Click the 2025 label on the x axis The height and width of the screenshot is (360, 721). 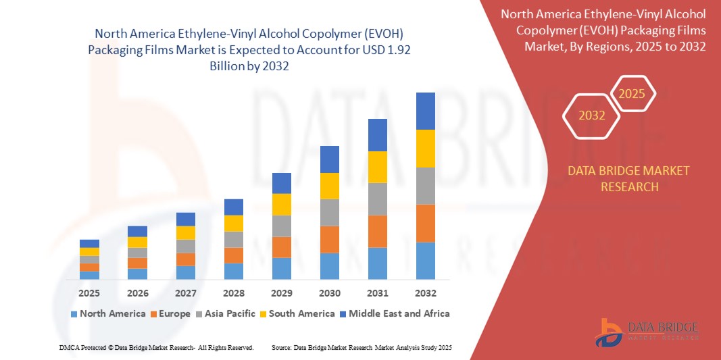89,293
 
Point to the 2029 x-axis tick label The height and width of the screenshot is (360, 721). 282,293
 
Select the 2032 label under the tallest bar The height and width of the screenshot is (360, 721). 426,293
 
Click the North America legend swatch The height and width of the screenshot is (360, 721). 74,314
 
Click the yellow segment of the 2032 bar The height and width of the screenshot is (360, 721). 426,149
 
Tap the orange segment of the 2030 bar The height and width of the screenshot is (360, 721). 330,239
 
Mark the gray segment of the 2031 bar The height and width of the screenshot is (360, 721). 378,199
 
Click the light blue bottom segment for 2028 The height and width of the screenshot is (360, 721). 234,271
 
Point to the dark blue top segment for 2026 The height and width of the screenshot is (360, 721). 137,231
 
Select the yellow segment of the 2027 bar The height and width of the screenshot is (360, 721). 186,233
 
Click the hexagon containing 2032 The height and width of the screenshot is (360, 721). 592,115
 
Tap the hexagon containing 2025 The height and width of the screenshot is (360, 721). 632,94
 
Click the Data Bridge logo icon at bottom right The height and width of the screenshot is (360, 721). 609,331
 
